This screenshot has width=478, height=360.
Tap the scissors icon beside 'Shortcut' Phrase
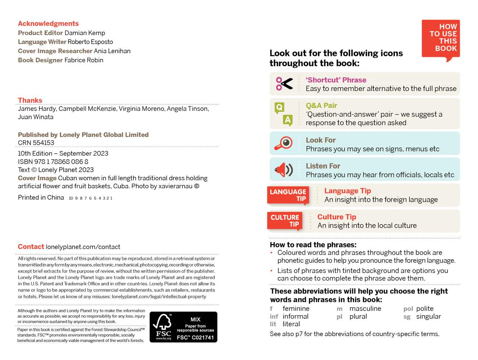[x=284, y=84]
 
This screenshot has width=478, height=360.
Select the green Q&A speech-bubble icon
[x=283, y=114]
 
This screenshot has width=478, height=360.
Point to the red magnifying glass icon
[x=283, y=143]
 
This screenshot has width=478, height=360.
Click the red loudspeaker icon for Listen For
[x=283, y=170]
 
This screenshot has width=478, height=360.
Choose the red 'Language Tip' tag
[x=288, y=195]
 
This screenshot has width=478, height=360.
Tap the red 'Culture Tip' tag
[x=285, y=221]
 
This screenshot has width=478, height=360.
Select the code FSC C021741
[x=195, y=338]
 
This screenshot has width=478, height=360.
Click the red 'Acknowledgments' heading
[x=48, y=24]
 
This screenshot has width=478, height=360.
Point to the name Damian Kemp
[x=85, y=33]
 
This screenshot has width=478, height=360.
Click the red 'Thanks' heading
[x=30, y=100]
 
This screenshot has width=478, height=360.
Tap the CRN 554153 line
[x=36, y=143]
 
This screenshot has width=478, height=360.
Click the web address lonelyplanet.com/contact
[x=83, y=247]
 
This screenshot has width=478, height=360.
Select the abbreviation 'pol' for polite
[x=408, y=309]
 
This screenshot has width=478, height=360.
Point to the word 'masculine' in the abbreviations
[x=365, y=309]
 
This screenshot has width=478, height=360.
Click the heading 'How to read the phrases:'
[x=313, y=245]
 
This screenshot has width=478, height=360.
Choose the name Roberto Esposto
[x=90, y=42]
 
